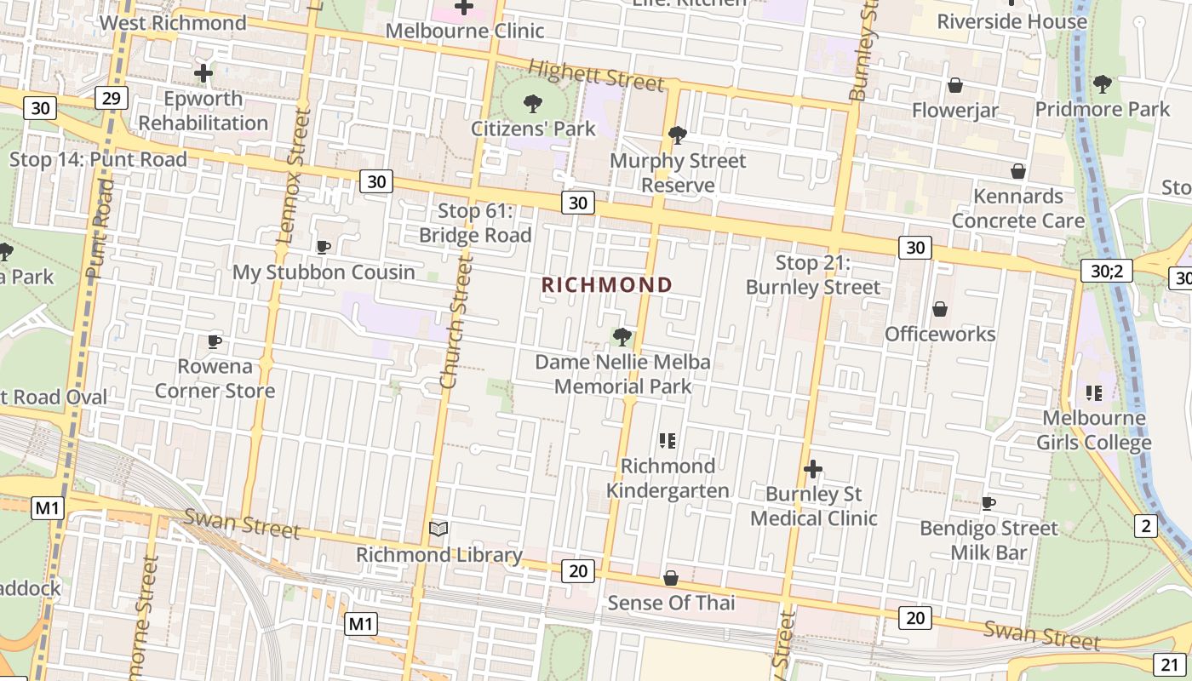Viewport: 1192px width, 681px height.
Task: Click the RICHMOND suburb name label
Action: tap(607, 284)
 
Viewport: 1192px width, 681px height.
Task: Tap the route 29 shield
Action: tap(112, 99)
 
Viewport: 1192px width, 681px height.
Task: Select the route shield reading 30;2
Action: tap(1107, 271)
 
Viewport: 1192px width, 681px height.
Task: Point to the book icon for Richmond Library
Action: tap(438, 529)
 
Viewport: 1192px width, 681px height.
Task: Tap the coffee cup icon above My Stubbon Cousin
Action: tap(324, 248)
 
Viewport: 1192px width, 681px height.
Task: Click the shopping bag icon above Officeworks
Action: tap(940, 309)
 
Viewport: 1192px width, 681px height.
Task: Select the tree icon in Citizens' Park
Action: tap(533, 104)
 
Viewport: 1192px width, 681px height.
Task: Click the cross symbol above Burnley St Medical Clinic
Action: tap(813, 469)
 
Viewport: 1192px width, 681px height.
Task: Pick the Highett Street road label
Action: tap(595, 75)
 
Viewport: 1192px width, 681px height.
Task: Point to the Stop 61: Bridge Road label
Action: tap(475, 223)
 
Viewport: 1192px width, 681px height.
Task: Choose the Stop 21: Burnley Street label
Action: tap(813, 275)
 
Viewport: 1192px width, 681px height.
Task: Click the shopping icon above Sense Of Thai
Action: tap(671, 579)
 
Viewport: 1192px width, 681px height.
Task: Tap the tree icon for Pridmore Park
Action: tap(1103, 83)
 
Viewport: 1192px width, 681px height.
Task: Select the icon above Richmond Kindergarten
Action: tap(668, 441)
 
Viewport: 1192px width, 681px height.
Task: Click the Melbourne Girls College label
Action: tap(1094, 430)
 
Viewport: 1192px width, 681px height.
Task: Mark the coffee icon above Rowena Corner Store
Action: tap(215, 342)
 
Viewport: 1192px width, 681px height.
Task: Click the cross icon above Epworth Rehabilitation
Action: tap(203, 73)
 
